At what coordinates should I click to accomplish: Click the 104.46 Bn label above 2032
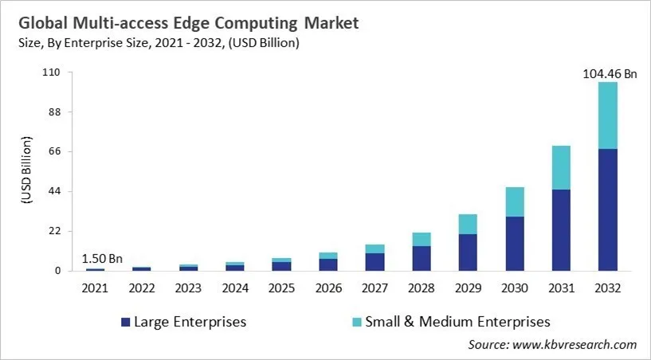coord(608,74)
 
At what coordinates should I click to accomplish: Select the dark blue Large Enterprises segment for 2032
coord(608,209)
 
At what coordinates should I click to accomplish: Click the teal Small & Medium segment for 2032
coord(608,115)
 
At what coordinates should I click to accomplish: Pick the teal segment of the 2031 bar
coord(561,167)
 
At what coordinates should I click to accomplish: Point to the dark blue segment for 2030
coord(515,244)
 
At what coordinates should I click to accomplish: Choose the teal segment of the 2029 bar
coord(468,224)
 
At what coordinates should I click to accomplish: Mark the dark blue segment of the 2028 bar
coord(422,258)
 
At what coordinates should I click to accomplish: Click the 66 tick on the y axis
coord(54,151)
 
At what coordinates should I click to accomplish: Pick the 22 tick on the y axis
coord(54,231)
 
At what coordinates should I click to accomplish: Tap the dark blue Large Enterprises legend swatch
coord(124,322)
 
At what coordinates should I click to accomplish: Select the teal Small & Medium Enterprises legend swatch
coord(356,322)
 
